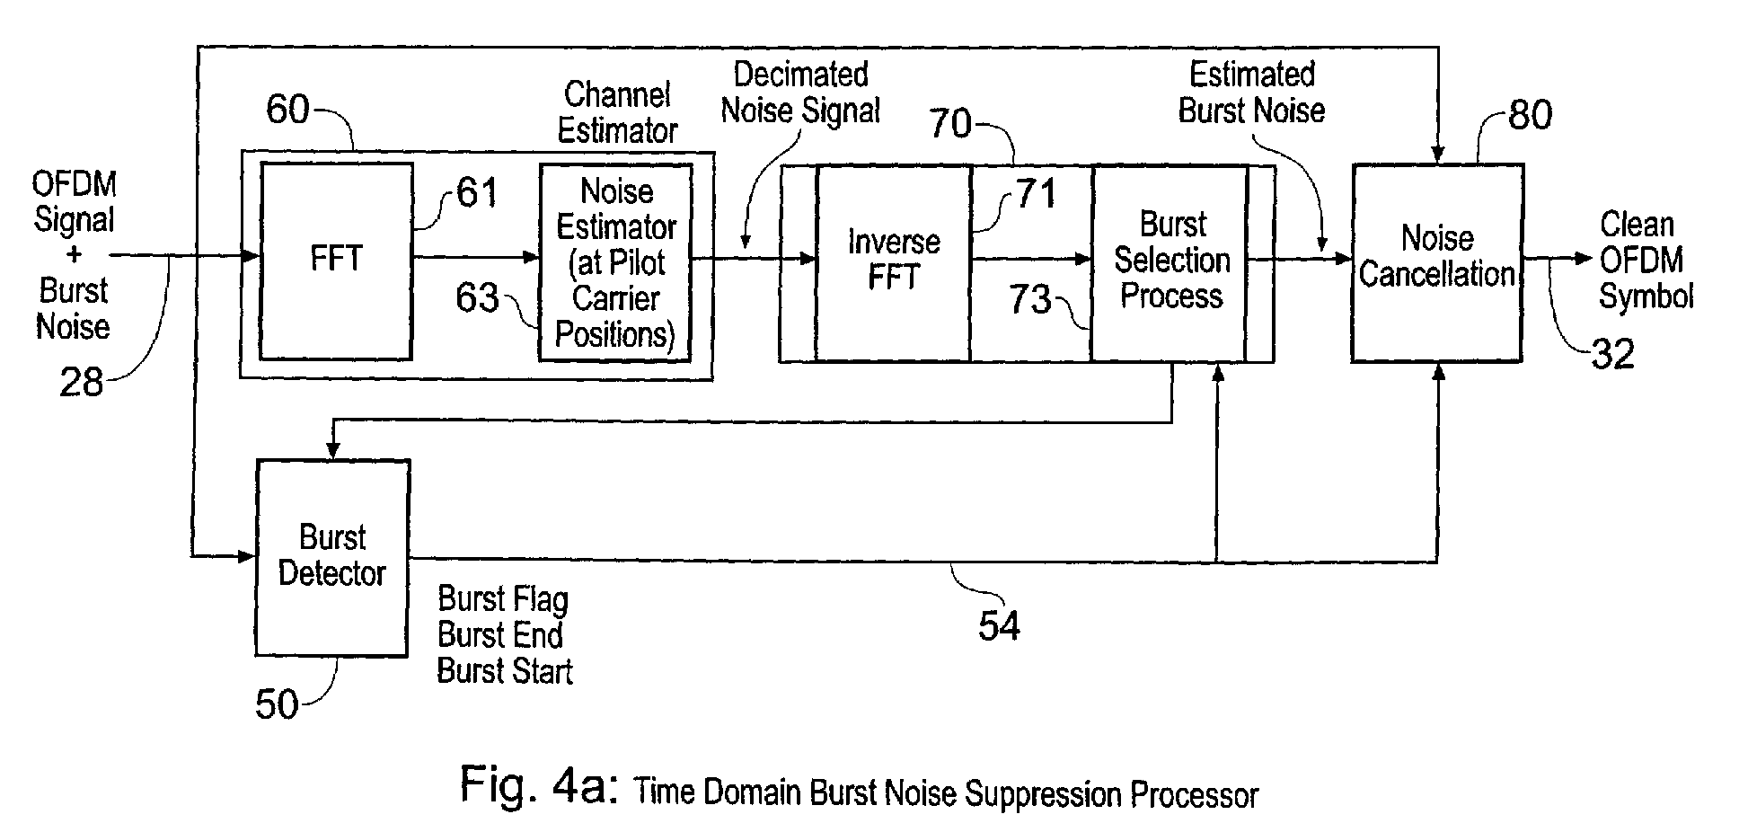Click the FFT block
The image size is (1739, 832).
click(336, 261)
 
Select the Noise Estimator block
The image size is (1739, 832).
click(616, 262)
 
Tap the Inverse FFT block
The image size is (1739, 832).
click(894, 262)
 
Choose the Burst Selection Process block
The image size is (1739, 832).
click(1170, 262)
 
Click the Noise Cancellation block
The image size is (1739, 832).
click(1437, 262)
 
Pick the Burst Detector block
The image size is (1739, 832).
click(332, 558)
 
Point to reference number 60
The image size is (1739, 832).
click(287, 110)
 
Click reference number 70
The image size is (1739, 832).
click(950, 123)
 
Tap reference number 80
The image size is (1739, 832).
click(1530, 115)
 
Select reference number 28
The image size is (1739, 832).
click(82, 383)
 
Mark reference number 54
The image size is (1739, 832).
click(999, 625)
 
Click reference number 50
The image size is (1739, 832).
click(277, 704)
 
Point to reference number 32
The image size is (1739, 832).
click(1612, 354)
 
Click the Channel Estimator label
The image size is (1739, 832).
click(617, 112)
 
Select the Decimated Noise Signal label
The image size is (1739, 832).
click(800, 93)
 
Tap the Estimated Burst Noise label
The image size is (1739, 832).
click(1252, 93)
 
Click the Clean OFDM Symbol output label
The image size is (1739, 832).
click(1646, 261)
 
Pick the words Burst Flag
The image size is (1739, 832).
click(503, 599)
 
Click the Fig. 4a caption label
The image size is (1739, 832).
click(860, 788)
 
